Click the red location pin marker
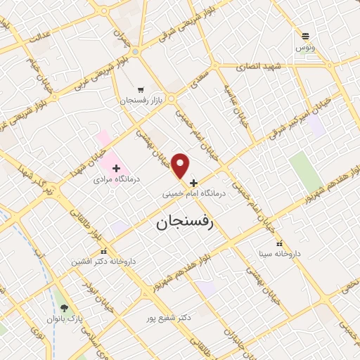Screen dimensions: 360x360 pos(181,165)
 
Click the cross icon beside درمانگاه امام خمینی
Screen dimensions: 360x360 pos(194,182)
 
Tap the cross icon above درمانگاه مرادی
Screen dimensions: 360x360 pos(116,168)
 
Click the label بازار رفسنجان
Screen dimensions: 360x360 pos(141,101)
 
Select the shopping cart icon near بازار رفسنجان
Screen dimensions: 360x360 pos(141,90)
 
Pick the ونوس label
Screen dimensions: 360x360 pos(304,47)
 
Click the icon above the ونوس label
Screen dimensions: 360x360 pos(305,36)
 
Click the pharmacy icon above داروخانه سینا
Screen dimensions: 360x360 pos(280,243)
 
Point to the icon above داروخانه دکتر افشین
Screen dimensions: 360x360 pos(103,250)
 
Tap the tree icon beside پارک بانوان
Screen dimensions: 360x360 pos(65,308)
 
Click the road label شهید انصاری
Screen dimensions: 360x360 pos(262,66)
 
